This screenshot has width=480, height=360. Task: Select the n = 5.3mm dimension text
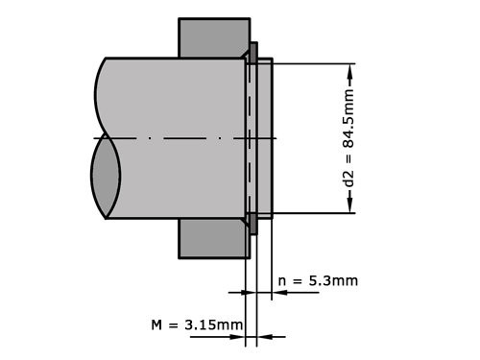318,280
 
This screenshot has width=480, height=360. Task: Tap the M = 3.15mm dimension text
197,324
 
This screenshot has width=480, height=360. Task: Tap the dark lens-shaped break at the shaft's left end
105,178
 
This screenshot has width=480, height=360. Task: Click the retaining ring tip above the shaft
253,50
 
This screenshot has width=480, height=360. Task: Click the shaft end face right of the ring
265,138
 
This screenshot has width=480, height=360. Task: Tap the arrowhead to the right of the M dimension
266,336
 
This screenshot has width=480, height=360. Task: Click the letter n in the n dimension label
282,280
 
